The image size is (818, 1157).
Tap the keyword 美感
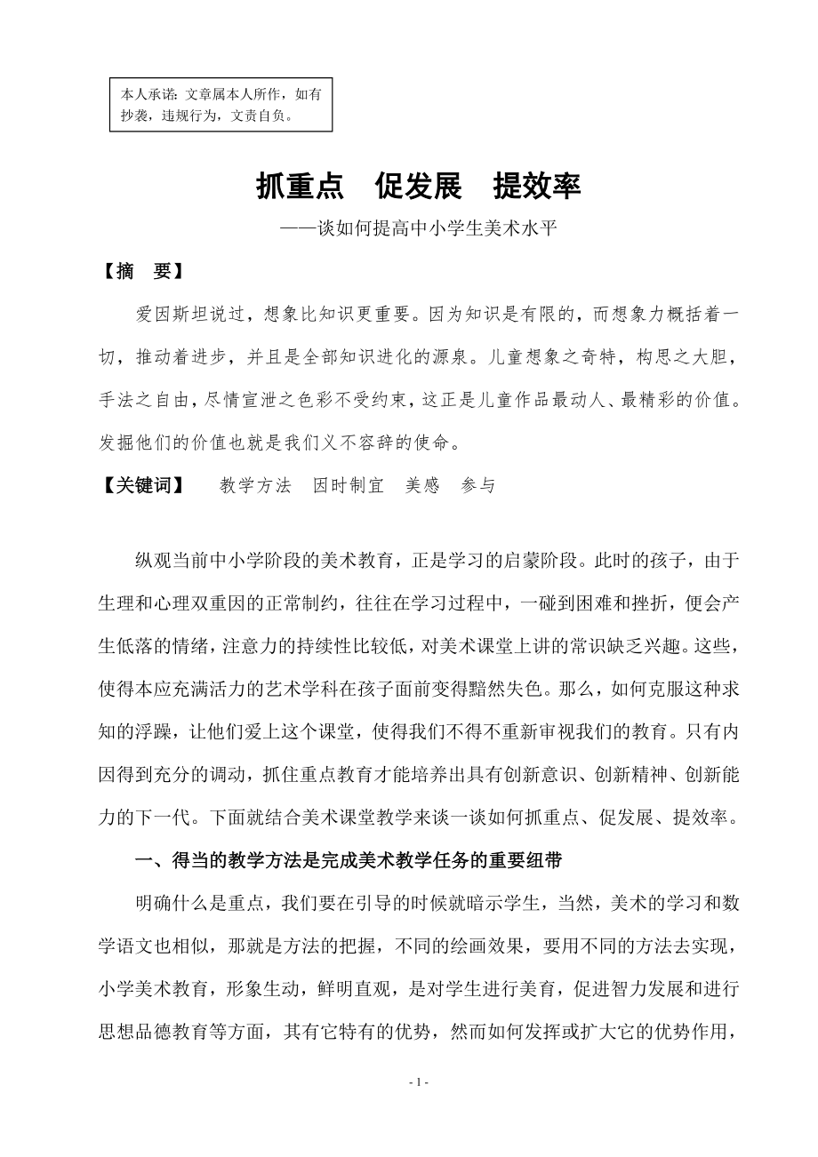pyautogui.click(x=422, y=485)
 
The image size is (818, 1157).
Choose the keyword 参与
pyautogui.click(x=478, y=485)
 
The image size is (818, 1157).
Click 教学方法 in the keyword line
pyautogui.click(x=255, y=485)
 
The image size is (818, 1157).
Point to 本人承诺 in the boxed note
pyautogui.click(x=148, y=92)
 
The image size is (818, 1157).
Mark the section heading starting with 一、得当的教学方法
pyautogui.click(x=348, y=860)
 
